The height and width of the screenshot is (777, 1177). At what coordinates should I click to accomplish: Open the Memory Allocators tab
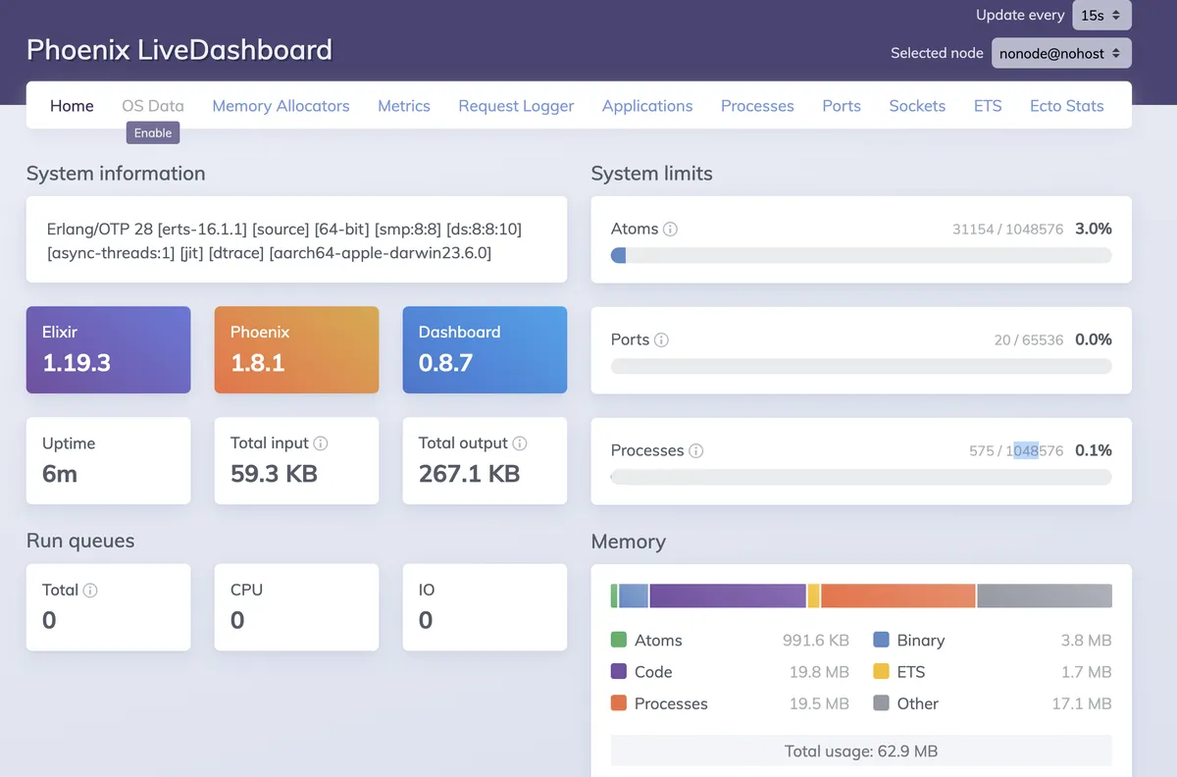pyautogui.click(x=281, y=106)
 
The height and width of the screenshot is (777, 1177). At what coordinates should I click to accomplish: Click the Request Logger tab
pyautogui.click(x=516, y=106)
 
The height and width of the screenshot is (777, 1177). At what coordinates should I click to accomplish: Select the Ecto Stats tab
pyautogui.click(x=1066, y=106)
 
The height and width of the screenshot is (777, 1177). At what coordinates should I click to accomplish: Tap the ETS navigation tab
pyautogui.click(x=988, y=106)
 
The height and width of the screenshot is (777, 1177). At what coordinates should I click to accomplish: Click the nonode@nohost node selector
pyautogui.click(x=1061, y=53)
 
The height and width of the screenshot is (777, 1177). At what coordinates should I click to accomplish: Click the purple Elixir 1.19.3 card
pyautogui.click(x=108, y=350)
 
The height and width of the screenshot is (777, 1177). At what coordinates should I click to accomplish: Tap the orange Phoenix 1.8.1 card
pyautogui.click(x=296, y=350)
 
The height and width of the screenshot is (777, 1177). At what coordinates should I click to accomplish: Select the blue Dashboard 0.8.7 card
pyautogui.click(x=485, y=350)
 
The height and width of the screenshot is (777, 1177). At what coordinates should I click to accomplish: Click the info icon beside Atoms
pyautogui.click(x=671, y=230)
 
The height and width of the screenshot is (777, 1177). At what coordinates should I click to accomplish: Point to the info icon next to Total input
pyautogui.click(x=321, y=443)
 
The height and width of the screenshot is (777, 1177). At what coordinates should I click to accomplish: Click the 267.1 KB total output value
pyautogui.click(x=469, y=474)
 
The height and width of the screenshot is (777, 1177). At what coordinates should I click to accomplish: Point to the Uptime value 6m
pyautogui.click(x=60, y=474)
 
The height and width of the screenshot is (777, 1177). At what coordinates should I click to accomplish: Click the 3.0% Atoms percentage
pyautogui.click(x=1093, y=229)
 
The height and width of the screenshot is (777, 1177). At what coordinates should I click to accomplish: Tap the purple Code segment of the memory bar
pyautogui.click(x=727, y=596)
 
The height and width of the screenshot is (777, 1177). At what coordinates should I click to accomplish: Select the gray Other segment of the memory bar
pyautogui.click(x=1044, y=596)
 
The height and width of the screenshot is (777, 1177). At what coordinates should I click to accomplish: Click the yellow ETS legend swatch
pyautogui.click(x=881, y=672)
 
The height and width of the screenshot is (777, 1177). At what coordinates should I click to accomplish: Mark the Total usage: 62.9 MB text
pyautogui.click(x=860, y=751)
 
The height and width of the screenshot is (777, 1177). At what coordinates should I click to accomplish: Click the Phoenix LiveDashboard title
pyautogui.click(x=179, y=49)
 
